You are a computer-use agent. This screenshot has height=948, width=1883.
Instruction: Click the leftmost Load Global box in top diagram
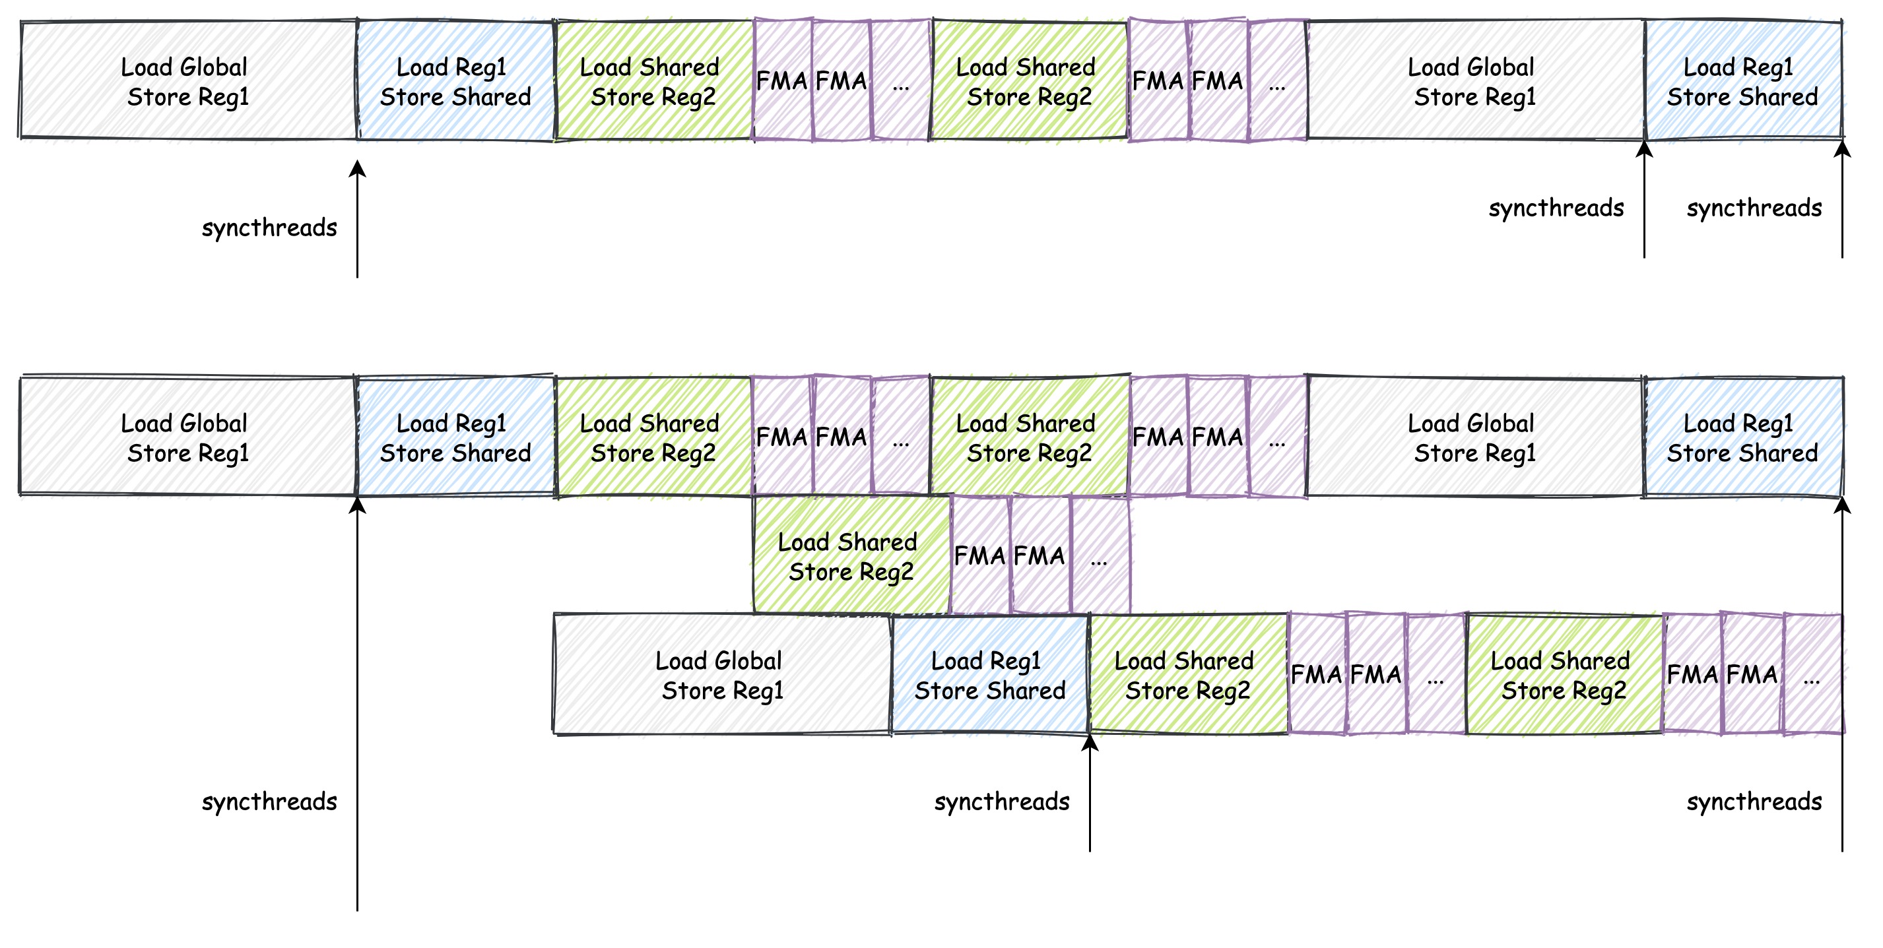pos(188,80)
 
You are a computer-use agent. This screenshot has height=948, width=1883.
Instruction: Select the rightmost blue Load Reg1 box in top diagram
pos(1742,80)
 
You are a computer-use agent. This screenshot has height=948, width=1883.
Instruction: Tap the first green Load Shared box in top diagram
pos(653,80)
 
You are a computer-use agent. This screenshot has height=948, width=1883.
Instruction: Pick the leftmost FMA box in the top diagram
pos(782,80)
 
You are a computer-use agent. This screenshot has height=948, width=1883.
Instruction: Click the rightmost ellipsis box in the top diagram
pos(1277,80)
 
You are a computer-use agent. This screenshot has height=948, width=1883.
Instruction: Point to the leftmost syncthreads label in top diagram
pos(269,228)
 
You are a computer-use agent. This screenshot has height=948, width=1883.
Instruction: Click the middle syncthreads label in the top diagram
pos(1556,208)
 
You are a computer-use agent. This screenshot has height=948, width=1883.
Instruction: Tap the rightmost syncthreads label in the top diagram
pos(1754,208)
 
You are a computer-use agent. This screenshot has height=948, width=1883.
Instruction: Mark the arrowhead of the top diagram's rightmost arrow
pos(1842,148)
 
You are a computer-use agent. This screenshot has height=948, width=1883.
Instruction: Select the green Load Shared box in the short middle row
pos(851,555)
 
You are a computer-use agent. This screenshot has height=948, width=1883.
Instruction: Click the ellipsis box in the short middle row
pos(1100,555)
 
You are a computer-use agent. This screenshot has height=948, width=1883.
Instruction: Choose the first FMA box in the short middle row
pos(980,555)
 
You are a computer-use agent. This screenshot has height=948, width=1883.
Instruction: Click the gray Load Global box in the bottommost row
pos(722,675)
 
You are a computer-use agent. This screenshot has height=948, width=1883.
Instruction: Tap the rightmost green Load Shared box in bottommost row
pos(1564,675)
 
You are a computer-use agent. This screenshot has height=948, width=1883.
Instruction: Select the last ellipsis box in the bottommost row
pos(1812,675)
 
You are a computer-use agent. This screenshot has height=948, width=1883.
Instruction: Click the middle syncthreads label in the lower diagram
pos(1001,801)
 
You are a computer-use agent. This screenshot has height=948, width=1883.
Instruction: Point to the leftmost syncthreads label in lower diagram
pos(269,801)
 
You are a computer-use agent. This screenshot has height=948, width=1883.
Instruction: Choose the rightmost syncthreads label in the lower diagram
pos(1754,801)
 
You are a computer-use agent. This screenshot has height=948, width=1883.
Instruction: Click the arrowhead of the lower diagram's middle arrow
pos(1089,743)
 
